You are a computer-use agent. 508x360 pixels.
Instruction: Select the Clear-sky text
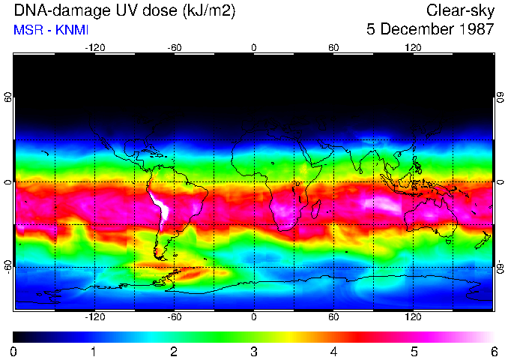pyautogui.click(x=460, y=10)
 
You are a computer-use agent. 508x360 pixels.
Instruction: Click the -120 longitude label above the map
pyautogui.click(x=94, y=47)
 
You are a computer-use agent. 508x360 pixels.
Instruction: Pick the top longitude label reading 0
pyautogui.click(x=254, y=47)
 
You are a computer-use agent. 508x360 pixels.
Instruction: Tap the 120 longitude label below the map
pyautogui.click(x=414, y=317)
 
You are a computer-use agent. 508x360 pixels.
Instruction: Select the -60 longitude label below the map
pyautogui.click(x=175, y=317)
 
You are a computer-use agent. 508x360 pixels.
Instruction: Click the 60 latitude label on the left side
pyautogui.click(x=8, y=98)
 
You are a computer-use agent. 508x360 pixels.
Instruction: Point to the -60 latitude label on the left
pyautogui.click(x=8, y=267)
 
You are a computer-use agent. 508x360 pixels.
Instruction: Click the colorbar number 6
pyautogui.click(x=493, y=351)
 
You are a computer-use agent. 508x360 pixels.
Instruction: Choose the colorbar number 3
pyautogui.click(x=254, y=351)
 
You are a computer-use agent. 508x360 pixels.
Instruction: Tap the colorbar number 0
pyautogui.click(x=14, y=351)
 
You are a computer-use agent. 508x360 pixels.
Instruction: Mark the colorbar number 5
pyautogui.click(x=414, y=351)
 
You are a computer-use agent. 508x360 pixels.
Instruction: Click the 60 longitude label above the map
pyautogui.click(x=333, y=47)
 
